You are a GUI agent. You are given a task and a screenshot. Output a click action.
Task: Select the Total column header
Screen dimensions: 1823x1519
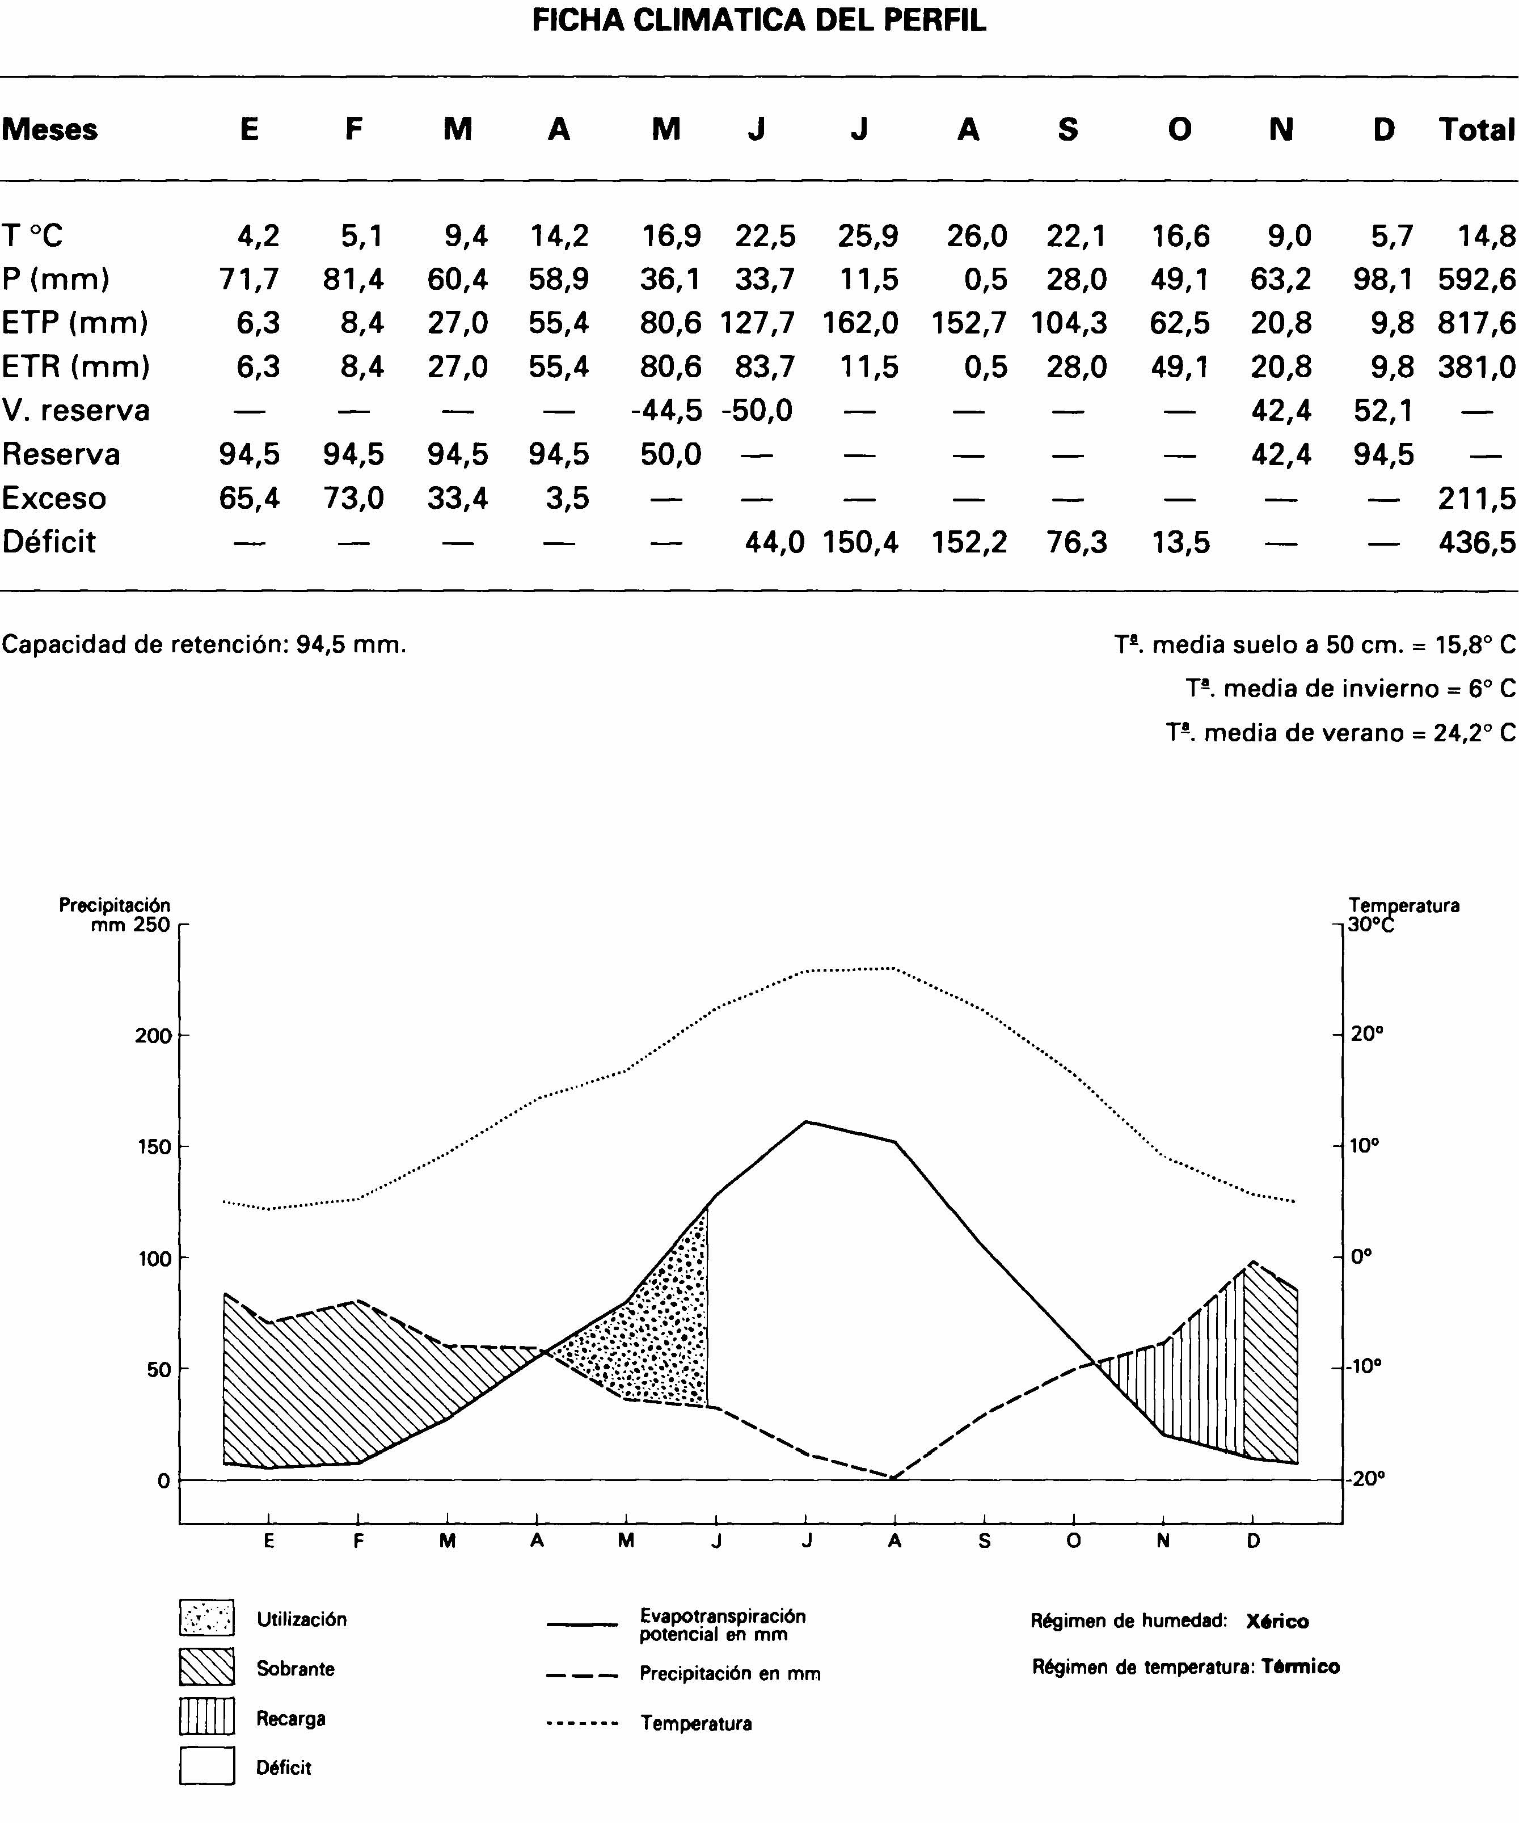tap(1476, 129)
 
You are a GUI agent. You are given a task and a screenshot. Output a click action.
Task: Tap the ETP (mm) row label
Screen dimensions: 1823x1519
tap(75, 323)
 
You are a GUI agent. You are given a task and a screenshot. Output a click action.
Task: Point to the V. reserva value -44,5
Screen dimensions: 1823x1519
tap(666, 410)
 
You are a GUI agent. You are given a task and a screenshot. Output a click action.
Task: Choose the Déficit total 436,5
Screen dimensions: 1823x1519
tap(1476, 543)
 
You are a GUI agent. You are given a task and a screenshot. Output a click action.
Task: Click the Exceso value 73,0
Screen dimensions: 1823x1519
tap(353, 498)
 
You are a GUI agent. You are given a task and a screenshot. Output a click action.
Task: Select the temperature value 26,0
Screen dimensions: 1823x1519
tap(977, 235)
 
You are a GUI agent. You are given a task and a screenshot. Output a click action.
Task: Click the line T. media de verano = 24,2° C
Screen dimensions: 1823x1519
tap(1340, 733)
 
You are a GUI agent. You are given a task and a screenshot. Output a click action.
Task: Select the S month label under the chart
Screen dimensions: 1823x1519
tap(984, 1541)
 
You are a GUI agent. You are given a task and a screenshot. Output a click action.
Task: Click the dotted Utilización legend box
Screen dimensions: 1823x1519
tap(206, 1617)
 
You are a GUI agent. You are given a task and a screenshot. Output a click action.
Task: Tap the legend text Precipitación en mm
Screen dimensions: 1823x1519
tap(729, 1674)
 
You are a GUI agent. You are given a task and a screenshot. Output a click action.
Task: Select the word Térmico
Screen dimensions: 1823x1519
tap(1299, 1667)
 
